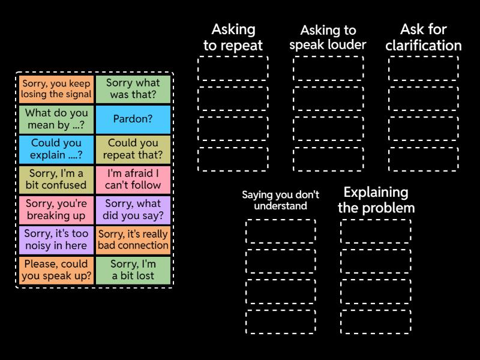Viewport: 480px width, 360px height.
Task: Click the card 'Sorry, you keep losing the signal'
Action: pyautogui.click(x=56, y=89)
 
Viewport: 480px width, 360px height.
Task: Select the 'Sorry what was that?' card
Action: pyautogui.click(x=133, y=89)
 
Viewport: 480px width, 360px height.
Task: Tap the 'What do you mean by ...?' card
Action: pyautogui.click(x=56, y=119)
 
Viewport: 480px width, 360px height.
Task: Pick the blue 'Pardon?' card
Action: pyautogui.click(x=133, y=119)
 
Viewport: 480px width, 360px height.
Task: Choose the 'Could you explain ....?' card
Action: pyautogui.click(x=56, y=149)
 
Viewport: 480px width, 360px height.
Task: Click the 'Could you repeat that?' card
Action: pyautogui.click(x=133, y=149)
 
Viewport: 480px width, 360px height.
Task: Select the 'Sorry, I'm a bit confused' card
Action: pyautogui.click(x=56, y=179)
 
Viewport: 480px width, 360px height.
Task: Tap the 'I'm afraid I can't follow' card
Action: pyautogui.click(x=133, y=179)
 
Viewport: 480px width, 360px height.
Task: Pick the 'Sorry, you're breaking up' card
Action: pyautogui.click(x=56, y=209)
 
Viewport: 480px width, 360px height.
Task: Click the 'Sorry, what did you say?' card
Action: pyautogui.click(x=133, y=209)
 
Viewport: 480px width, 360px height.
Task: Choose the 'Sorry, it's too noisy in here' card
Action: pyautogui.click(x=56, y=239)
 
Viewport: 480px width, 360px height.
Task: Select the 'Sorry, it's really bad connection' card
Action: pyautogui.click(x=133, y=239)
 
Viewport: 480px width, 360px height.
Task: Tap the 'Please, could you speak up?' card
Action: pyautogui.click(x=56, y=270)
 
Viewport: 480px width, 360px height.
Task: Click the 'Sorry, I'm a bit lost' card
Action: pyautogui.click(x=133, y=270)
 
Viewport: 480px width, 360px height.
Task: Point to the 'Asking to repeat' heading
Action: pyautogui.click(x=233, y=37)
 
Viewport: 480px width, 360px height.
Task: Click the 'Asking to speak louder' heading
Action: pyautogui.click(x=328, y=37)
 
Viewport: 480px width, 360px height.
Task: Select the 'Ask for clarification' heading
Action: pyautogui.click(x=423, y=37)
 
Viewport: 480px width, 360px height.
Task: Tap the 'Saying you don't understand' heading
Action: pyautogui.click(x=280, y=200)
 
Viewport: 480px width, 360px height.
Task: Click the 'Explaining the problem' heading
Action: pyautogui.click(x=376, y=200)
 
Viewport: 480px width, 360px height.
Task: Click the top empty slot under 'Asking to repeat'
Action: pyautogui.click(x=233, y=68)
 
